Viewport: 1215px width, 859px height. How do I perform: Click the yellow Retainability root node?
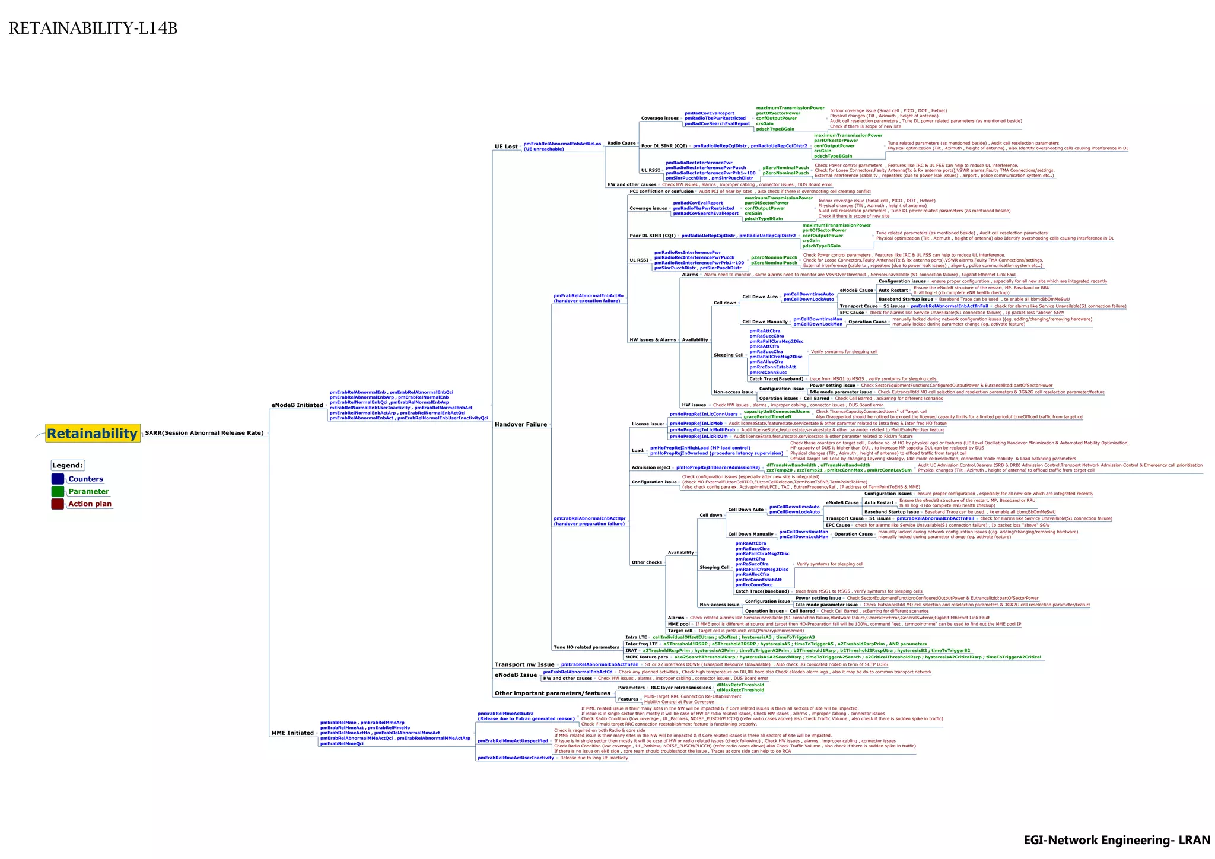[x=93, y=434]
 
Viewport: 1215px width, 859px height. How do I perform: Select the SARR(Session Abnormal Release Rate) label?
[x=204, y=433]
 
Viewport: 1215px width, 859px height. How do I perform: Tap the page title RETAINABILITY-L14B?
[x=93, y=28]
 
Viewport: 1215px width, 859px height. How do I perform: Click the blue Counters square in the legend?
[x=58, y=479]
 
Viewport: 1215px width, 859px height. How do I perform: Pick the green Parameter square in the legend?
[x=58, y=491]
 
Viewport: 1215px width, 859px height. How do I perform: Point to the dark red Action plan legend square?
[x=58, y=504]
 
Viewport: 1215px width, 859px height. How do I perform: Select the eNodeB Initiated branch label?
[x=297, y=405]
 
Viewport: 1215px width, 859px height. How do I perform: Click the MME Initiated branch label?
[x=292, y=733]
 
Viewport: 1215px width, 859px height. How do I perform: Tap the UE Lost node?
[x=506, y=147]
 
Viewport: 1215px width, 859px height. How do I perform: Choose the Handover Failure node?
[x=520, y=424]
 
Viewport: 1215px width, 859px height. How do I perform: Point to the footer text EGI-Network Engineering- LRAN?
[x=1117, y=840]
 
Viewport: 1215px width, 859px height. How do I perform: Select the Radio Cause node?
[x=621, y=143]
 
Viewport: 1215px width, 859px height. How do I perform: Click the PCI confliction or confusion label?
[x=661, y=192]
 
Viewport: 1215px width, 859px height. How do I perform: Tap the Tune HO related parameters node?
[x=586, y=647]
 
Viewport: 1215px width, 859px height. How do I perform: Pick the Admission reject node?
[x=651, y=467]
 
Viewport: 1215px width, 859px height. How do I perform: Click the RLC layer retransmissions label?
[x=680, y=688]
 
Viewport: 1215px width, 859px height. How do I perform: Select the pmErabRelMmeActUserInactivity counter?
[x=516, y=758]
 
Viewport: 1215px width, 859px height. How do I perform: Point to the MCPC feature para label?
[x=647, y=657]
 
